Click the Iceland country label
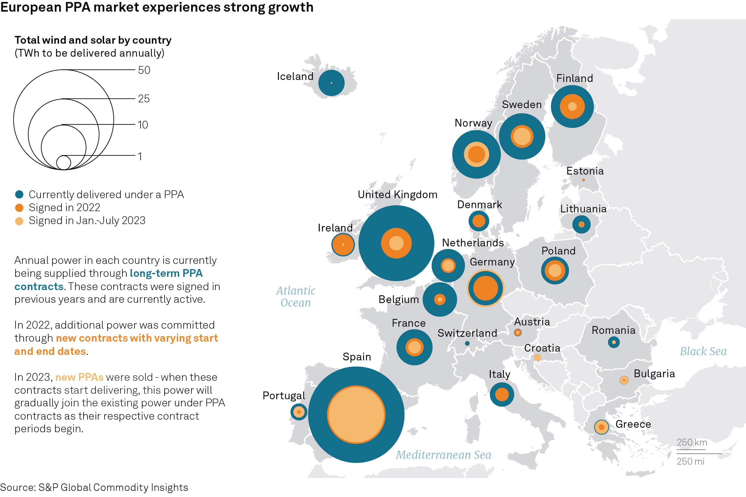295,76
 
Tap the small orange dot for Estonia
583,180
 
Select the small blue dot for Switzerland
467,344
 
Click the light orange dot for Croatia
537,357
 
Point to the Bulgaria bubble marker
624,380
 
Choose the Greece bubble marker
602,427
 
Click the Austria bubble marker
518,333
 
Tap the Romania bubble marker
614,342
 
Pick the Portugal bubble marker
299,412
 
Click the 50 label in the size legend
144,70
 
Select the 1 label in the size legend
140,157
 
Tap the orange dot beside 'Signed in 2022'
19,208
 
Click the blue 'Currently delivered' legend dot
19,195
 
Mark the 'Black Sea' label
703,351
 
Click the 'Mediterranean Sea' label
443,455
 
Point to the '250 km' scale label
692,442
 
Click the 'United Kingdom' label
397,195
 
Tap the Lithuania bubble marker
581,224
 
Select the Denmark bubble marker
479,221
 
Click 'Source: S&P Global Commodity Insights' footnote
94,487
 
